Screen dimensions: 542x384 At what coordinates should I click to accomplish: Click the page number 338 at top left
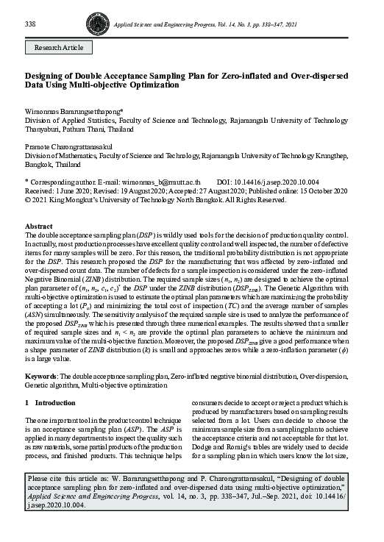click(x=30, y=24)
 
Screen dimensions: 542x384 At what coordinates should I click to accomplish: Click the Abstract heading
click(x=38, y=226)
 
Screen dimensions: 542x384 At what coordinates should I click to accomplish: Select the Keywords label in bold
click(x=43, y=375)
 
